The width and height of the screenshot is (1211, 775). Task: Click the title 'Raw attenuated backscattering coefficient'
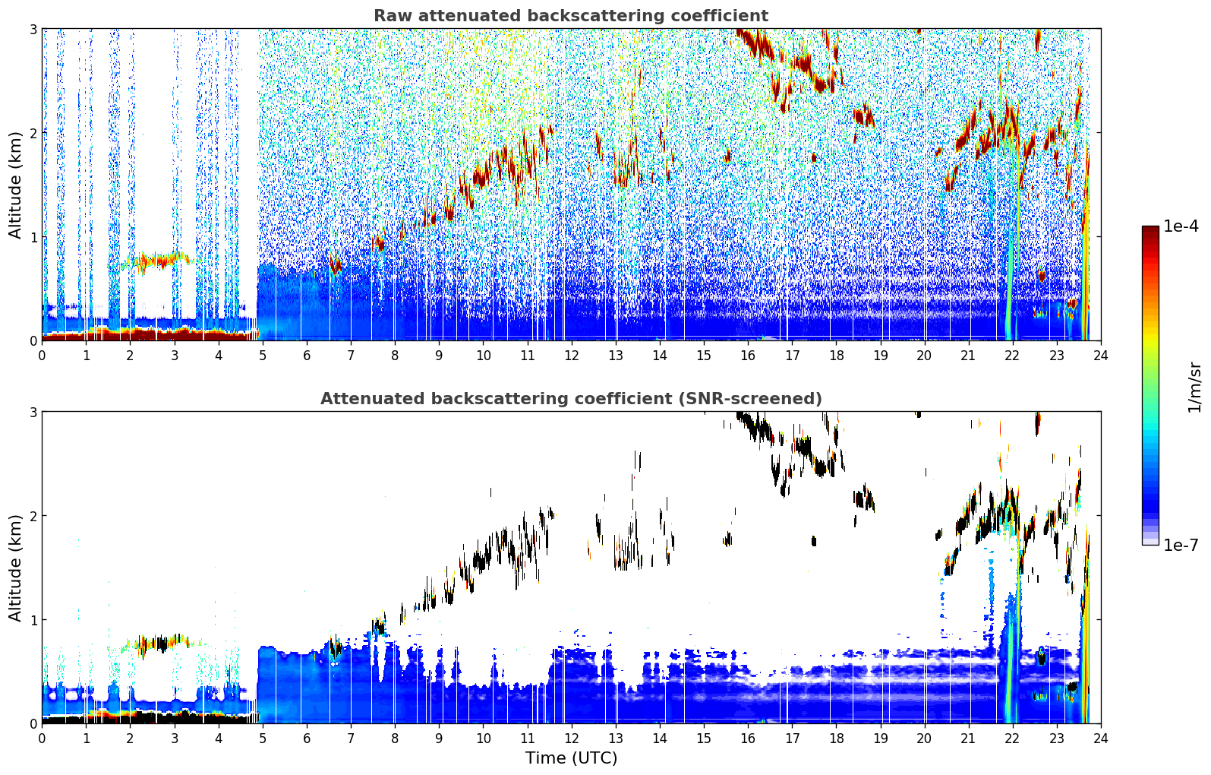point(571,16)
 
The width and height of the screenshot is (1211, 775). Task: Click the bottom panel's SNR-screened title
point(571,399)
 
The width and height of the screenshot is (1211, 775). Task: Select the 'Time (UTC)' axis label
point(571,758)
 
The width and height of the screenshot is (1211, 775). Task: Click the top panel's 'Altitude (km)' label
point(15,185)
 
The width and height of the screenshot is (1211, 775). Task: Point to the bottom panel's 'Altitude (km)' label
point(15,568)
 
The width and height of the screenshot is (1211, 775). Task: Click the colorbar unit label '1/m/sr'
point(1194,387)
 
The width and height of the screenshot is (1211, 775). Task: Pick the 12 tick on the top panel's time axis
point(572,356)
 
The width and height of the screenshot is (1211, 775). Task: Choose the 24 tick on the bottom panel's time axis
point(1101,739)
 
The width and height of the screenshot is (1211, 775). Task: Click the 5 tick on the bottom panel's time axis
point(263,739)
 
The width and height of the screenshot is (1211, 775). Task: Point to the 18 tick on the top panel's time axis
point(837,356)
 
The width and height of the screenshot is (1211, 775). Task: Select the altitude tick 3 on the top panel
point(33,29)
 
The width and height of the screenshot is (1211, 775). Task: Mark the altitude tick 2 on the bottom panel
point(33,516)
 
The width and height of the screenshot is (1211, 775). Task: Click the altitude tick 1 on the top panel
point(33,237)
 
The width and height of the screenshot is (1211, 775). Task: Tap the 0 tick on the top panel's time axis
point(43,356)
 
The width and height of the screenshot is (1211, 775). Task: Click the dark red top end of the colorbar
point(1150,230)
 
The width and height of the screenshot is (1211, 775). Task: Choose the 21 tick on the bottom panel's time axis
point(968,739)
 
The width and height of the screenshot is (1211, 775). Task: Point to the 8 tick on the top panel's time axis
point(396,356)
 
